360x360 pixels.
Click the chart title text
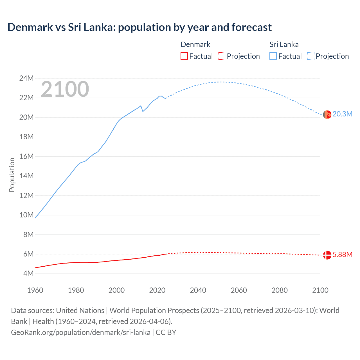pos(139,27)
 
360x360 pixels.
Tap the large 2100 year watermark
pos(65,89)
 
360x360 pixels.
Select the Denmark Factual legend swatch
pos(184,56)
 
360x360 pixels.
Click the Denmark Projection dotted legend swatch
pos(222,56)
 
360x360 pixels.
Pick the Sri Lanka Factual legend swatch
pos(273,56)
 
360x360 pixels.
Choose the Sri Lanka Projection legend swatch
pos(311,56)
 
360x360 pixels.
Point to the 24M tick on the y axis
pos(26,78)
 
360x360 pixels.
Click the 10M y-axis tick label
pos(26,215)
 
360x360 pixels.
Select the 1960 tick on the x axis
pos(35,290)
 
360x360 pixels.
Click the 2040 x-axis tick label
pos(198,290)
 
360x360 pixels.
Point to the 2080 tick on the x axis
pos(280,290)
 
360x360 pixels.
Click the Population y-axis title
pos(12,175)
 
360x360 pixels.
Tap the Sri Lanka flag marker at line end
pos(327,114)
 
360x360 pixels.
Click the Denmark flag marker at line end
pos(327,255)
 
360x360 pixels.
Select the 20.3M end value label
pos(342,114)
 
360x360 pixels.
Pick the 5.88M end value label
pos(342,255)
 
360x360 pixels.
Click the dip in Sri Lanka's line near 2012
pos(143,111)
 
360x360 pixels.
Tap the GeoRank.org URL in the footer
pos(81,332)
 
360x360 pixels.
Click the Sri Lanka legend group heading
pos(284,44)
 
